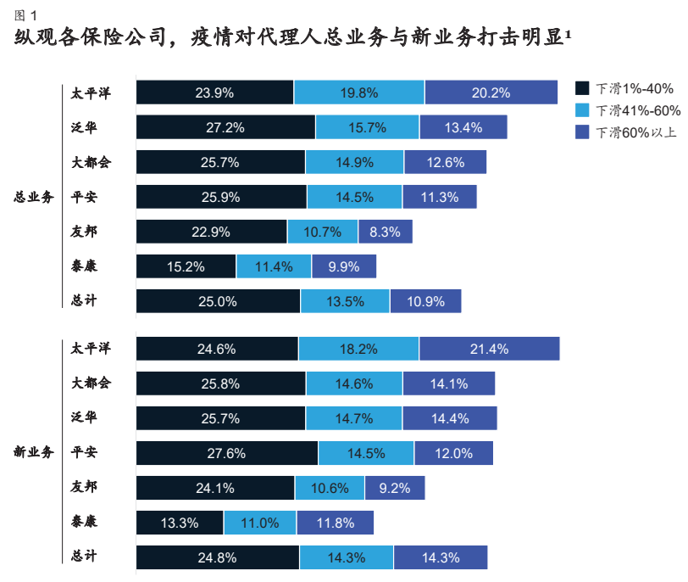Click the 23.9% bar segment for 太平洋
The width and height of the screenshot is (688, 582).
click(x=214, y=92)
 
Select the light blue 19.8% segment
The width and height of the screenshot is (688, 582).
click(x=359, y=92)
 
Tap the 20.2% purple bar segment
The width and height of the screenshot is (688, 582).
click(x=491, y=92)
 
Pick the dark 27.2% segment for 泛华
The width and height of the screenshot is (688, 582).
click(x=225, y=127)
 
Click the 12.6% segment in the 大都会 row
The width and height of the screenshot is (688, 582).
click(x=445, y=162)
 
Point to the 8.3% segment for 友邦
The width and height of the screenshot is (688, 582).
click(x=385, y=232)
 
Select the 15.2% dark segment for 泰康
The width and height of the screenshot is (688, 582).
click(x=186, y=266)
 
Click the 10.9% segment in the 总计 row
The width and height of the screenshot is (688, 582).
click(x=425, y=301)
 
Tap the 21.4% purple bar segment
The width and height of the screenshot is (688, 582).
click(x=489, y=349)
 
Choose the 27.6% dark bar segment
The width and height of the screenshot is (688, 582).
click(x=226, y=453)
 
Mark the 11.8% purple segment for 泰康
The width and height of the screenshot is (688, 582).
click(x=334, y=523)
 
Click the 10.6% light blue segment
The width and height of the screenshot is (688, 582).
click(x=330, y=488)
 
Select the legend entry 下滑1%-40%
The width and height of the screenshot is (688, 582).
click(x=627, y=88)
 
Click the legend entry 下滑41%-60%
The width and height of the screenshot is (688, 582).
click(x=627, y=110)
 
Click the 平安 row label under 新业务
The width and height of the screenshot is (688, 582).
click(x=85, y=452)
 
